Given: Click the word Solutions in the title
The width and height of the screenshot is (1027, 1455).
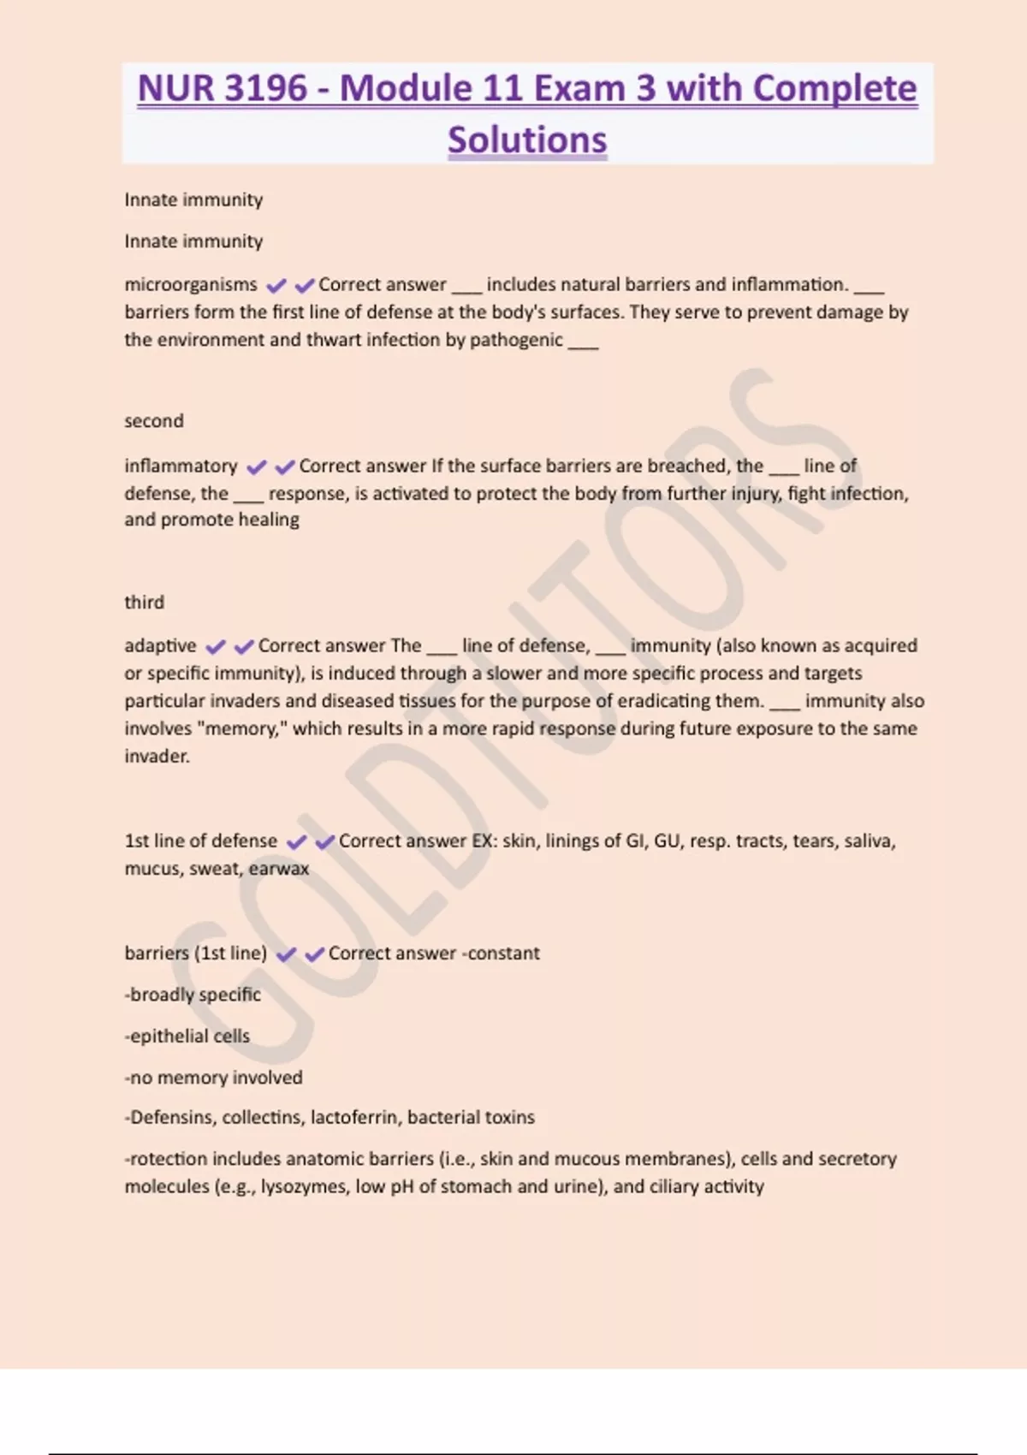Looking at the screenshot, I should click(527, 140).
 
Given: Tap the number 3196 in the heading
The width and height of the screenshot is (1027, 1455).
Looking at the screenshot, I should click(264, 88).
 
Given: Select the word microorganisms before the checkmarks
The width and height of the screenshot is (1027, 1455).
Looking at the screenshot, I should click(190, 284).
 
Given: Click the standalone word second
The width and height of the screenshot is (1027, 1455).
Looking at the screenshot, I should click(154, 421).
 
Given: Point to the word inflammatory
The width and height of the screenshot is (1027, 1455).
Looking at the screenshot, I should click(181, 466).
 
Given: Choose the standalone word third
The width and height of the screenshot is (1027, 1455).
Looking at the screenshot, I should click(144, 603).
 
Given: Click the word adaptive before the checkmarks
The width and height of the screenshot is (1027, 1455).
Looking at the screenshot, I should click(160, 645).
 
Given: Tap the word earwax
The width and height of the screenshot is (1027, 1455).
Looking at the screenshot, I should click(279, 869).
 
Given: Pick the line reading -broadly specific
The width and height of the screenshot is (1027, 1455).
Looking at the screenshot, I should click(193, 995).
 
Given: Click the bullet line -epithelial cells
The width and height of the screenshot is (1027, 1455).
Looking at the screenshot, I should click(187, 1036).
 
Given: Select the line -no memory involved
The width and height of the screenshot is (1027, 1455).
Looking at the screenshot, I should click(213, 1078).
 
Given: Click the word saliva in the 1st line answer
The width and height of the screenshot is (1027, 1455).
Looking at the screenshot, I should click(869, 841).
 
